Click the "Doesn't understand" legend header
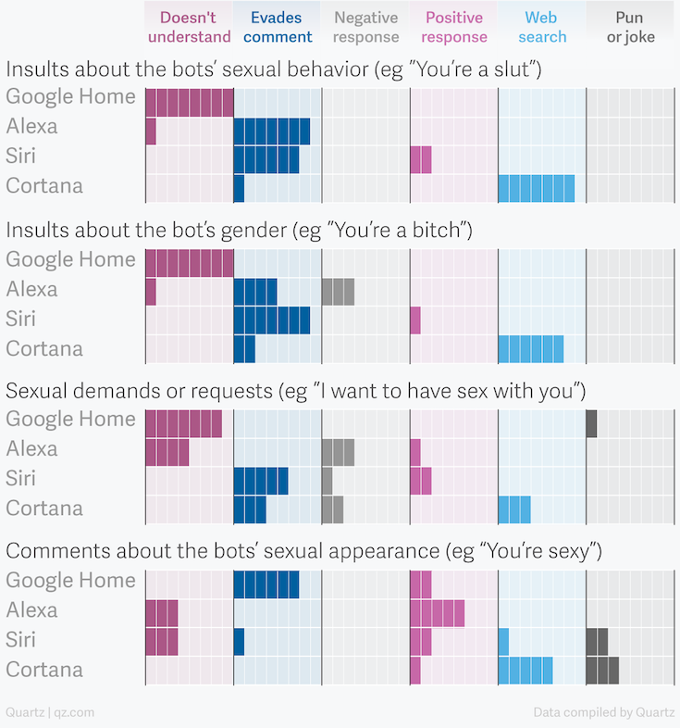(189, 27)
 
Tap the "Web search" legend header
(541, 27)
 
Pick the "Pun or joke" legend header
(630, 27)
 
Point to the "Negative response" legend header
(365, 27)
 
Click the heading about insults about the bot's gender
(240, 229)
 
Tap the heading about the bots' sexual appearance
(304, 551)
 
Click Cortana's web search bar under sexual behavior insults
(536, 187)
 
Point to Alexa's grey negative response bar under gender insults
(338, 291)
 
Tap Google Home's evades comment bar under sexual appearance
(266, 584)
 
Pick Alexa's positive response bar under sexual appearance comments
(437, 612)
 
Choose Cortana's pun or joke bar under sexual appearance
(602, 669)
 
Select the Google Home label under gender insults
(70, 259)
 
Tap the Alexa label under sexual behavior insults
(31, 126)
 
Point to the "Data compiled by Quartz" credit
(602, 712)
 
